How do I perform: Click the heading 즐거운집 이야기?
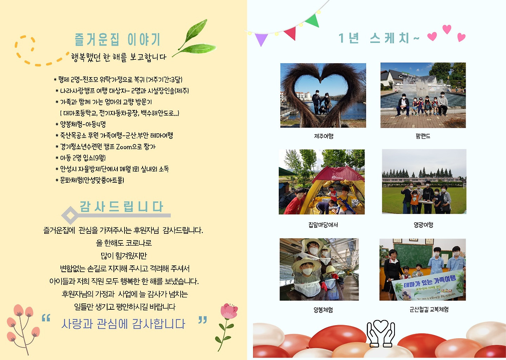coord(117,40)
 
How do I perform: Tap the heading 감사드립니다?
coord(121,207)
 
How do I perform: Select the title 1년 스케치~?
coord(378,38)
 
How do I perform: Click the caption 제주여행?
coord(323,136)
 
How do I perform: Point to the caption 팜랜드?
coord(423,136)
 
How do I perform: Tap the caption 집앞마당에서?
coord(323,225)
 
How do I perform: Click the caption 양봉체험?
coord(323,310)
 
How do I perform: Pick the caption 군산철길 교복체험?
coord(423,310)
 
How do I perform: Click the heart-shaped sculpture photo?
coord(323,95)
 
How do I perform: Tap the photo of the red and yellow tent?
coord(322,182)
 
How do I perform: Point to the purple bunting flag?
coord(261,39)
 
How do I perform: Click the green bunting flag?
coord(313,20)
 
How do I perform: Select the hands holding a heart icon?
coord(381,332)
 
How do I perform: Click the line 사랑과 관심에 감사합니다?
coord(123,324)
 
